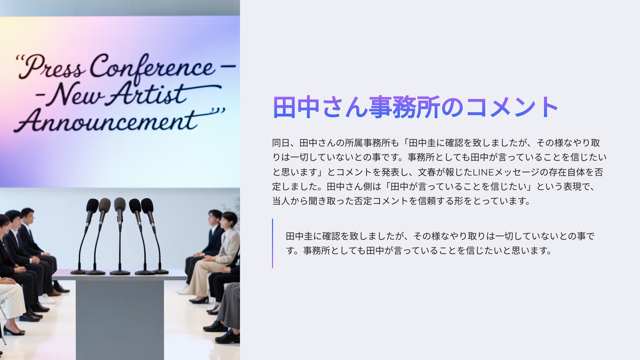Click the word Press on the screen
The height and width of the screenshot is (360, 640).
[51, 67]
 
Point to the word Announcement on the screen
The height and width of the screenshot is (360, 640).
[106, 121]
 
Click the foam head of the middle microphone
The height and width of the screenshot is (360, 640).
[119, 204]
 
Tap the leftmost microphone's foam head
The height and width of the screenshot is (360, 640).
[92, 205]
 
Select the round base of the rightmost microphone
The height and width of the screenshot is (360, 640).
[161, 271]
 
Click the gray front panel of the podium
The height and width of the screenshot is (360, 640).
[119, 319]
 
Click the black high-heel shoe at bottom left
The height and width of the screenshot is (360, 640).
[13, 331]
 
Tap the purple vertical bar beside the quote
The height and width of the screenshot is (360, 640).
[273, 243]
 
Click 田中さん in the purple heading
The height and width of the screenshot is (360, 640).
[320, 107]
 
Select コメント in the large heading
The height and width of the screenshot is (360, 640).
[513, 107]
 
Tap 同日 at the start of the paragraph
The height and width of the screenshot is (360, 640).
[281, 143]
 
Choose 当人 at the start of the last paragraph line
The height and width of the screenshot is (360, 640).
[281, 201]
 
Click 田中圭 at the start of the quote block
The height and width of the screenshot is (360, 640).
[299, 236]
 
